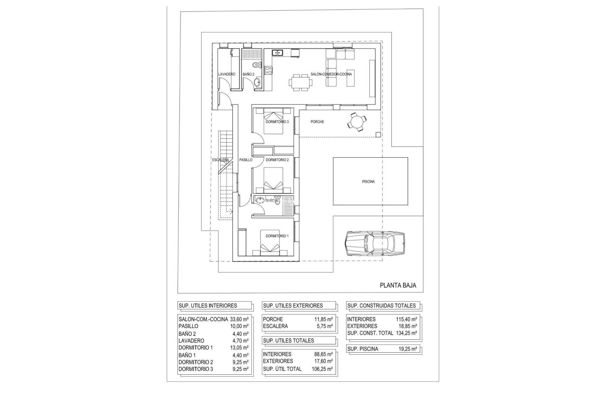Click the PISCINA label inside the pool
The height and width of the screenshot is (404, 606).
tap(368, 181)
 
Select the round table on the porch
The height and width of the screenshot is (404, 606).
tap(357, 122)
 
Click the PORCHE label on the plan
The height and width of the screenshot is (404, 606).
tap(317, 122)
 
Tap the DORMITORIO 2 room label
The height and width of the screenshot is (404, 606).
tap(277, 160)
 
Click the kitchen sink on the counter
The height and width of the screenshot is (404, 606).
tap(57, 53)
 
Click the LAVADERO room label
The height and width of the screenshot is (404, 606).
tap(227, 74)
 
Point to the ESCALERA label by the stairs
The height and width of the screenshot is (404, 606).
tap(220, 160)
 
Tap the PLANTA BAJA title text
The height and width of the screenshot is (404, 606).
tap(398, 286)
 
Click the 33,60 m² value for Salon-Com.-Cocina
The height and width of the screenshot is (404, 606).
tap(239, 319)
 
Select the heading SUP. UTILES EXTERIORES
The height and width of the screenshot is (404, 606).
tap(293, 306)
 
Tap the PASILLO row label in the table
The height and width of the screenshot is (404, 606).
tap(188, 326)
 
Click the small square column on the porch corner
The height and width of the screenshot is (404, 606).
tap(378, 134)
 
